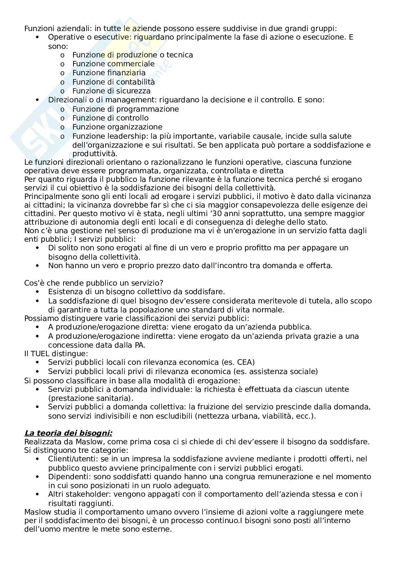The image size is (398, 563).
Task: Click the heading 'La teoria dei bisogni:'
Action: click(x=68, y=433)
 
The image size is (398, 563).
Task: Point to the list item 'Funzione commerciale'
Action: click(x=113, y=64)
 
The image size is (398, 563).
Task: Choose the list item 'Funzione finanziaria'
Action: click(x=109, y=73)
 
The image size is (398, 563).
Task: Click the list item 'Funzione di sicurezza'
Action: click(x=111, y=91)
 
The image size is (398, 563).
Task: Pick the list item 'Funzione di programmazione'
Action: click(x=126, y=109)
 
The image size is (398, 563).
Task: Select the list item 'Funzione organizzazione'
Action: click(x=117, y=127)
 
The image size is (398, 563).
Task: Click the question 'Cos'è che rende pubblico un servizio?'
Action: click(x=94, y=283)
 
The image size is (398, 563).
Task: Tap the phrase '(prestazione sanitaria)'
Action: click(x=91, y=398)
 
